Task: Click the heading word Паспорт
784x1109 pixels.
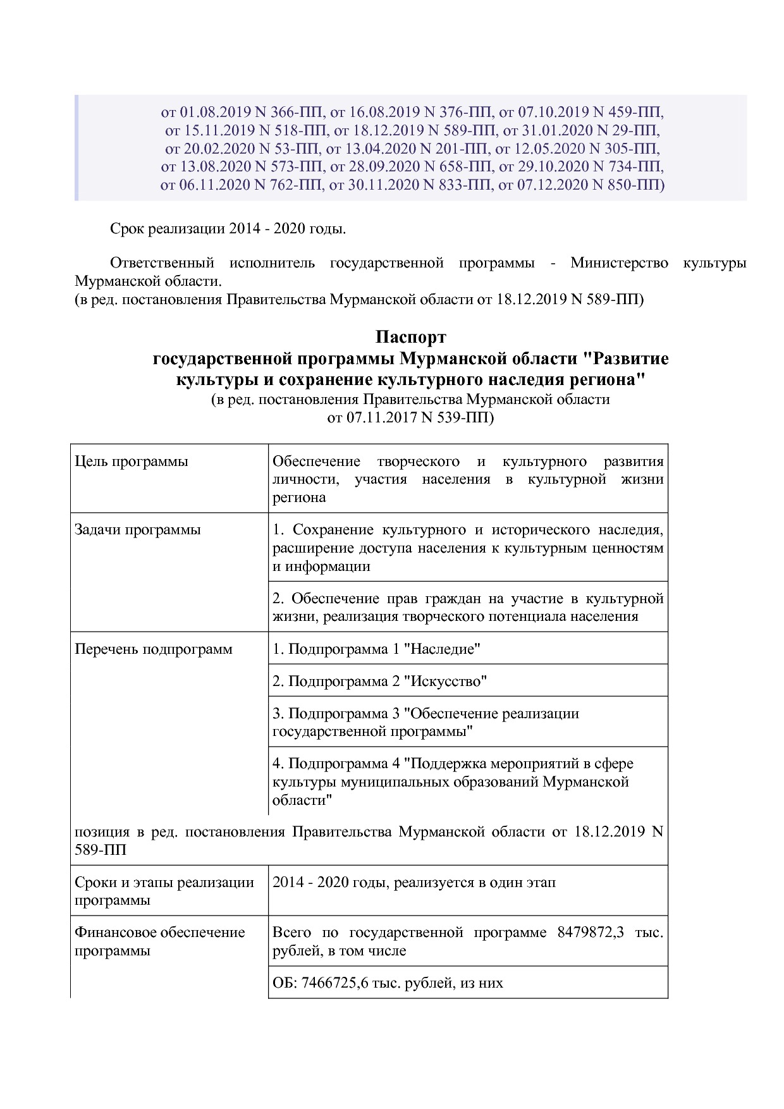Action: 410,337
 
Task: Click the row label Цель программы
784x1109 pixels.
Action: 132,462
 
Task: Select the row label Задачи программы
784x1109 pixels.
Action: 138,530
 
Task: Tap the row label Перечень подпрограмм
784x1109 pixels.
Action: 154,649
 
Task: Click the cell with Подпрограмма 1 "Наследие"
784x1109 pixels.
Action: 377,649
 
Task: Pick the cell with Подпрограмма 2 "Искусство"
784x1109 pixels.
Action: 380,682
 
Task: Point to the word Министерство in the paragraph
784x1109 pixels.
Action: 618,263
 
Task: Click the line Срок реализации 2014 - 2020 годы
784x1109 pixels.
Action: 228,228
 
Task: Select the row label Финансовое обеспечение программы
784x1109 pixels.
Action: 159,941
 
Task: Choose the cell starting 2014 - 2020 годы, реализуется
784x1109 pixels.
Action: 414,883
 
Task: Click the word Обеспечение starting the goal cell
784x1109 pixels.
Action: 316,462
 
